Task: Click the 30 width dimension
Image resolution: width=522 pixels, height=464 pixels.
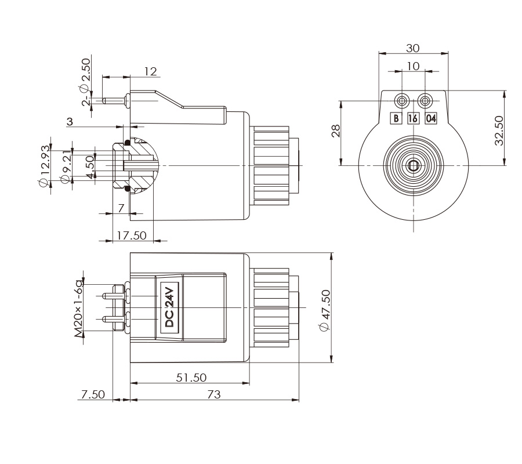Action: pos(413,48)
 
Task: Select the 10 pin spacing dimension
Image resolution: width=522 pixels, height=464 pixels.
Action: pos(413,66)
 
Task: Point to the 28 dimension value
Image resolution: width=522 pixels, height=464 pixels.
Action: pos(335,133)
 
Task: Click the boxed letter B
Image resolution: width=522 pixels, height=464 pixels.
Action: pos(396,118)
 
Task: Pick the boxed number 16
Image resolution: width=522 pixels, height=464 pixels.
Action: pos(413,118)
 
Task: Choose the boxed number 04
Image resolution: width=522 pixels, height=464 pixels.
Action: pos(430,118)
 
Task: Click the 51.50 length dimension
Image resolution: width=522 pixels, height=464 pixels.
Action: pos(191,378)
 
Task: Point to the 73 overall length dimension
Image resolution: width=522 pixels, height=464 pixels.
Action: pos(213,395)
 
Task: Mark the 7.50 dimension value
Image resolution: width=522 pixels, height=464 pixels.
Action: pos(93,395)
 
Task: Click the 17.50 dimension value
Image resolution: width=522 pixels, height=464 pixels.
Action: pos(132,236)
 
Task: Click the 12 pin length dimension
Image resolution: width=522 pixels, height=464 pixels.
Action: pos(150,71)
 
